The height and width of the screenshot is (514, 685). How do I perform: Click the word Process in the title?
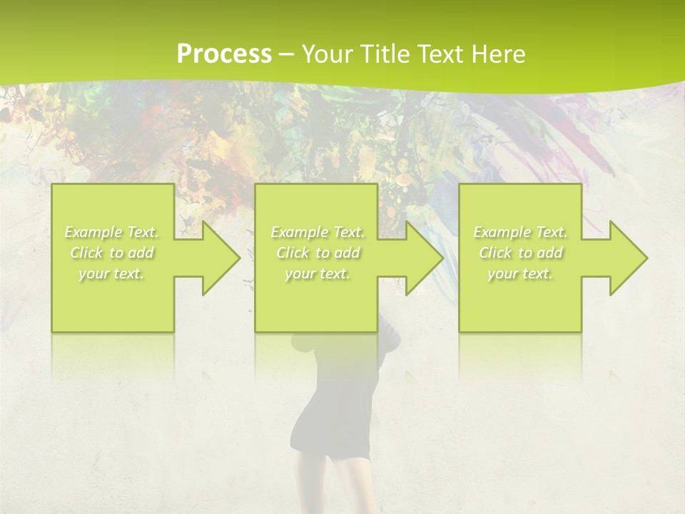[224, 54]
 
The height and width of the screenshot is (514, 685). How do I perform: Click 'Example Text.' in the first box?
[112, 232]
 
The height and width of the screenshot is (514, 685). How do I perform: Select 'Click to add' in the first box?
[112, 253]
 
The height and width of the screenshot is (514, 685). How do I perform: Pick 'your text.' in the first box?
[112, 273]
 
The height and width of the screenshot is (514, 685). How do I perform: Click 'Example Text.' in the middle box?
[318, 232]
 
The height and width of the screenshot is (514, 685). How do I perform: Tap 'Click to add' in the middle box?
[318, 253]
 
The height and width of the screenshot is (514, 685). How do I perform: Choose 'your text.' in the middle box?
[318, 273]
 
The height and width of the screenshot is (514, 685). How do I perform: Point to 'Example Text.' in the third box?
[520, 232]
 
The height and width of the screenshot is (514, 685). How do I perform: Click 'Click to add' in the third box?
[520, 253]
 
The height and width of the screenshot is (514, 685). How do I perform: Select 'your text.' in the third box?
[520, 273]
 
